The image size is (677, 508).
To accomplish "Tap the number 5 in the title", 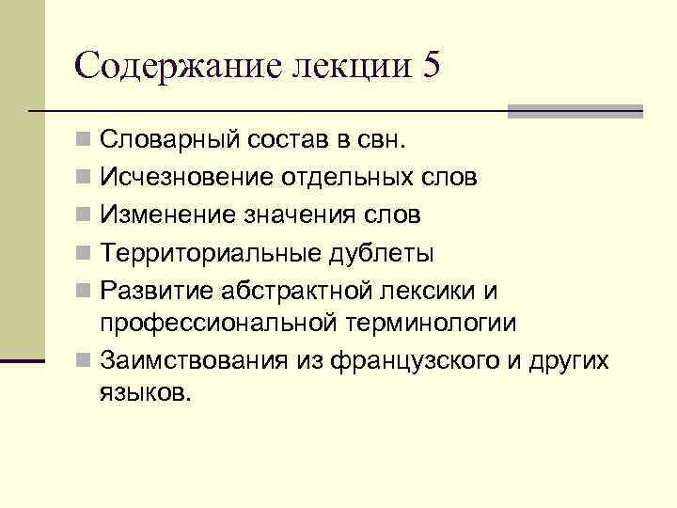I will coord(430,66).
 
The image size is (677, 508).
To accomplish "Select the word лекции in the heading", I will coord(353,68).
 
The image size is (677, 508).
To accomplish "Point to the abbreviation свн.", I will coord(381,142).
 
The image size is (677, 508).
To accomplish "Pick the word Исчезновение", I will coord(189,178).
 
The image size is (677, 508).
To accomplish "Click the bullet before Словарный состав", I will coord(85,142).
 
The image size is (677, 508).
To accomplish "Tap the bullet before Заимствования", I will coord(85,361).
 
